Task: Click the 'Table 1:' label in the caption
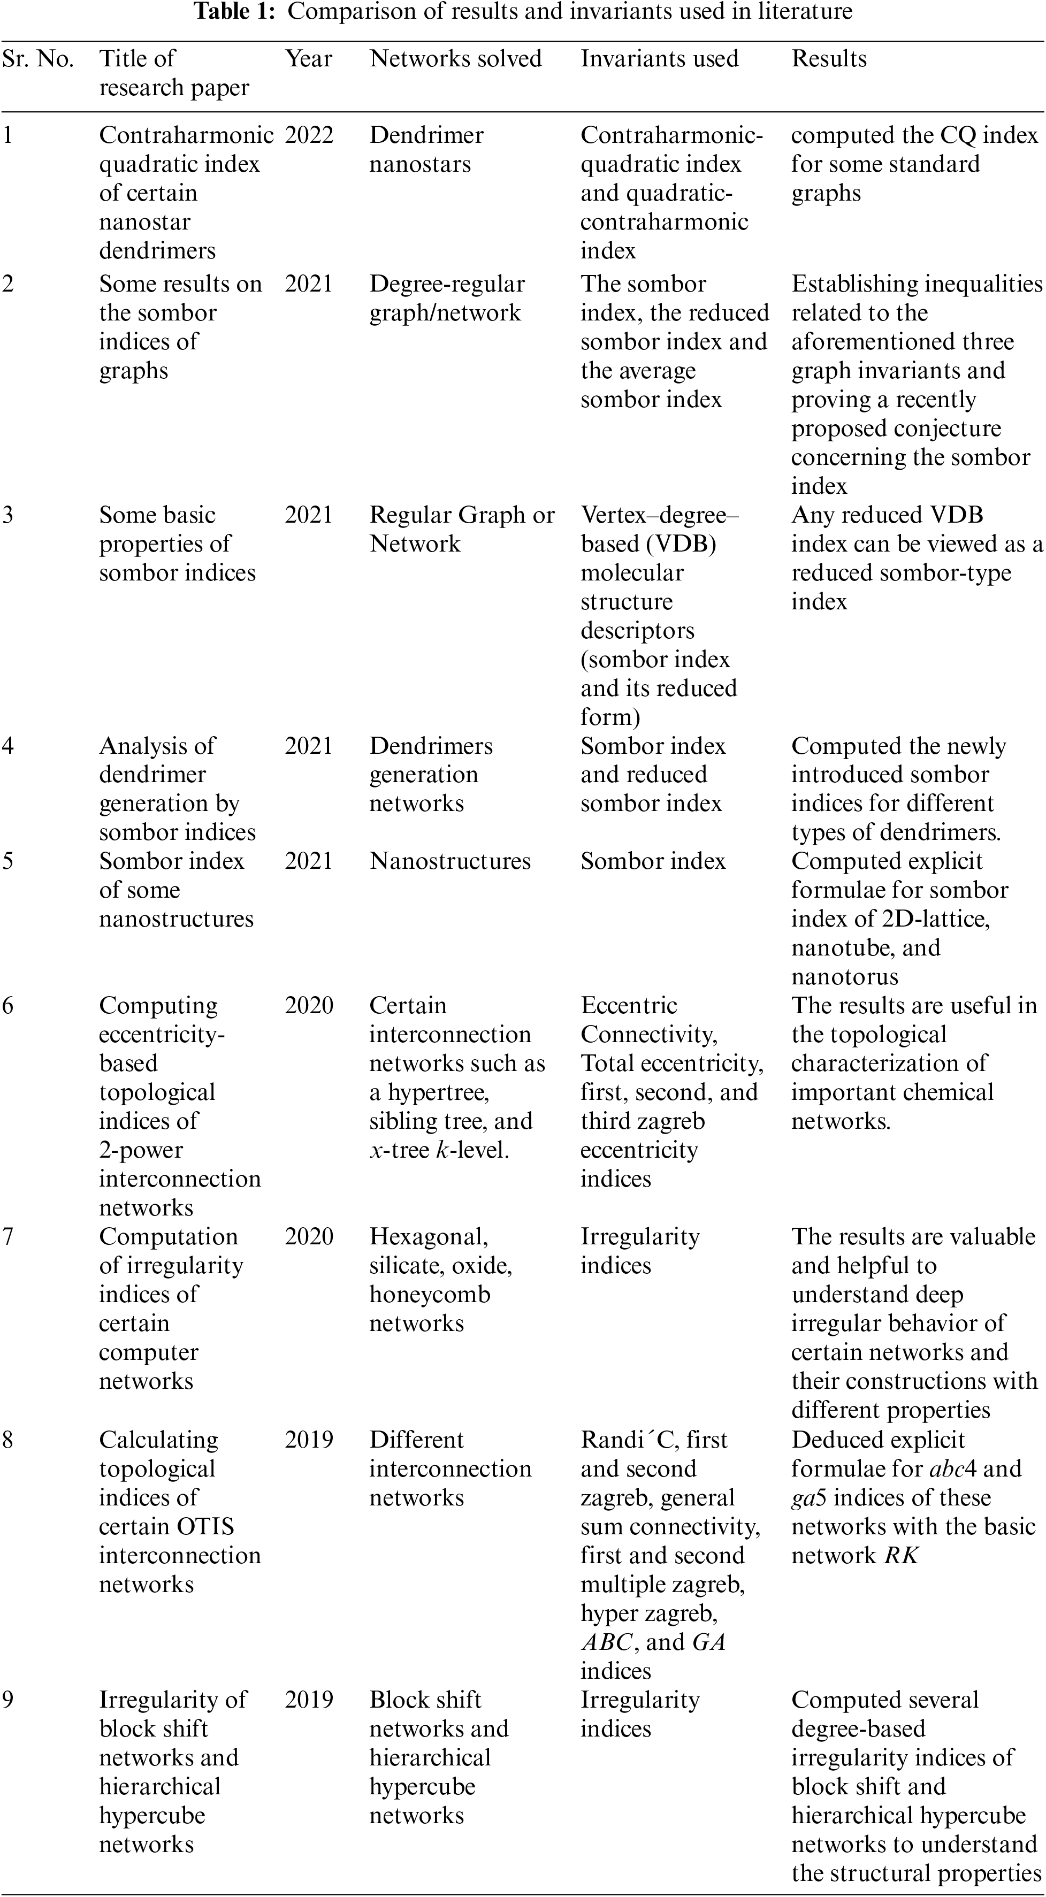pos(236,12)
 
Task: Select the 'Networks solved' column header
pos(455,59)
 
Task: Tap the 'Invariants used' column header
pos(659,59)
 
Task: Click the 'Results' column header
pos(829,59)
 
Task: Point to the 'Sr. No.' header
pos(39,59)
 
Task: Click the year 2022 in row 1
pos(309,135)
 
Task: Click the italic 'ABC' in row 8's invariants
pos(606,1642)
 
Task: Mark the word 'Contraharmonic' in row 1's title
pos(186,135)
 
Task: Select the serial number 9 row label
pos(7,1700)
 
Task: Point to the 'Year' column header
pos(309,59)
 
